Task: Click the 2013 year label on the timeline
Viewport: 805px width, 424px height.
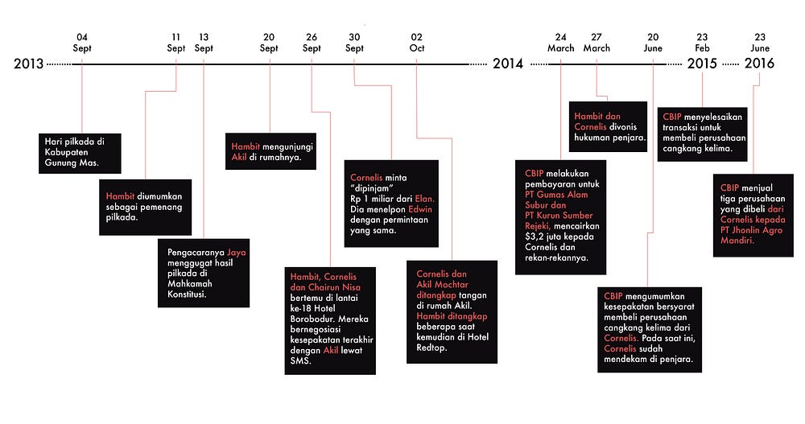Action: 28,64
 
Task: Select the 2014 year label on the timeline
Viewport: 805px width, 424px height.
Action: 508,64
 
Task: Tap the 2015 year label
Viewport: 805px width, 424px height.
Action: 701,64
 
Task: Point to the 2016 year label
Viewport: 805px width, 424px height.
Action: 759,64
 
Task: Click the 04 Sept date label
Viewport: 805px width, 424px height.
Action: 82,43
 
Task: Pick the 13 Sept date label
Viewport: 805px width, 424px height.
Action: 204,43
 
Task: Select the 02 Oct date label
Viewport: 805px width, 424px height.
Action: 416,43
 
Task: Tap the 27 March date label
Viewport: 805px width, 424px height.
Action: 597,43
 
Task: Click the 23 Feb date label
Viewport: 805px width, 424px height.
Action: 702,43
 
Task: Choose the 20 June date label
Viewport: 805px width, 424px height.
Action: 653,43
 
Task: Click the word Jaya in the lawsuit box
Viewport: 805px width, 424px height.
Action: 236,252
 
